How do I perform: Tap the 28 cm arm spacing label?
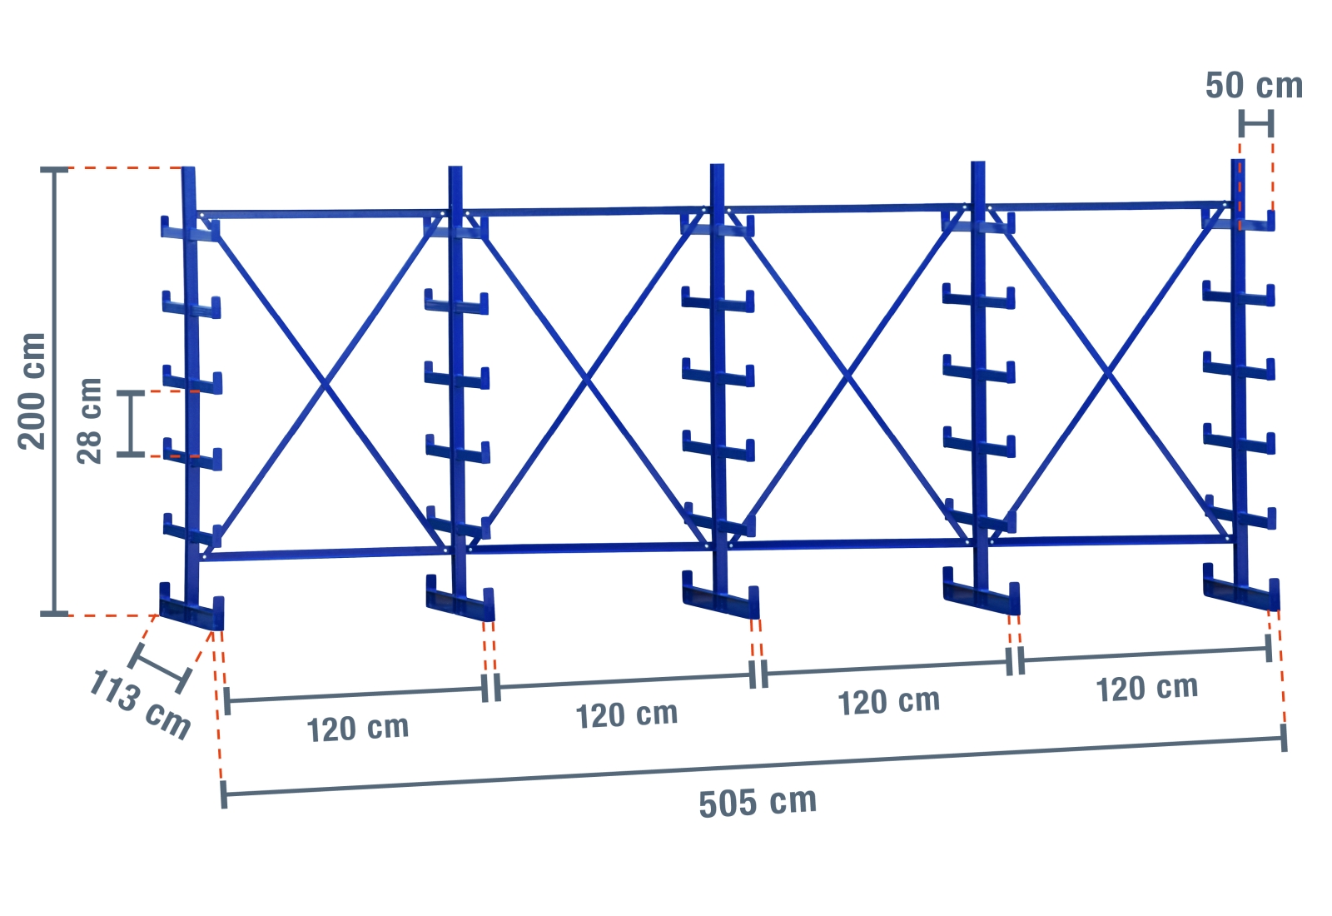pos(89,421)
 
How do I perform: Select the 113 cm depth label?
pos(140,704)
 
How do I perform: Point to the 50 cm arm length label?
pos(1254,86)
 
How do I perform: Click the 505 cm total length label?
pos(758,802)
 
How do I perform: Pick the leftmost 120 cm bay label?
pos(358,729)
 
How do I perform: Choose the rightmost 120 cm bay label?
pos(1146,689)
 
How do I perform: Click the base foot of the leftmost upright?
pos(191,612)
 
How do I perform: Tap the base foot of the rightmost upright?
pos(1241,592)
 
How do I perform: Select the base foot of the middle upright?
pos(720,601)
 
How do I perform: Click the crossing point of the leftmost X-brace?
pos(325,384)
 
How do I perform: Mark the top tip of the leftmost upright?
pos(189,172)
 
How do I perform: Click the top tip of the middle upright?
pos(718,167)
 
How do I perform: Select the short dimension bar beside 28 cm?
pos(131,423)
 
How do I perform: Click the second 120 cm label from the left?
pos(627,715)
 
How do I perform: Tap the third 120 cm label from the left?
pos(888,702)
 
